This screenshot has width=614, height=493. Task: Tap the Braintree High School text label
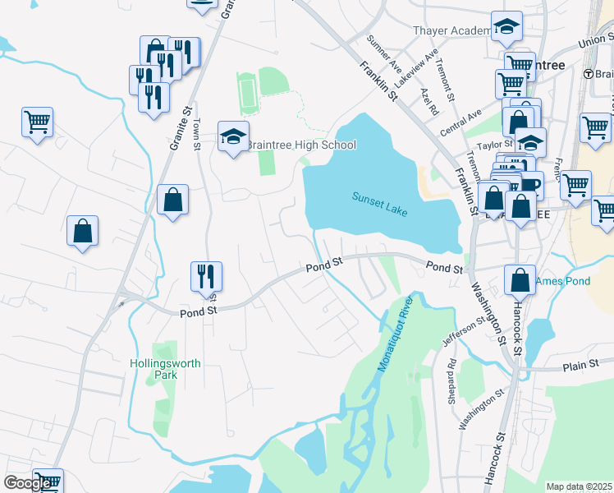tap(301, 145)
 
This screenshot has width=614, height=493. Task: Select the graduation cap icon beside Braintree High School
tap(233, 138)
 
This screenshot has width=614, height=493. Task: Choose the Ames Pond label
tap(563, 282)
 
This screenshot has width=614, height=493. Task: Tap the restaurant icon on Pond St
tap(204, 277)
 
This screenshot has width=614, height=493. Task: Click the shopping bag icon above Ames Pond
tap(520, 281)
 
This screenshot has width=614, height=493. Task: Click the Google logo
tap(27, 483)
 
